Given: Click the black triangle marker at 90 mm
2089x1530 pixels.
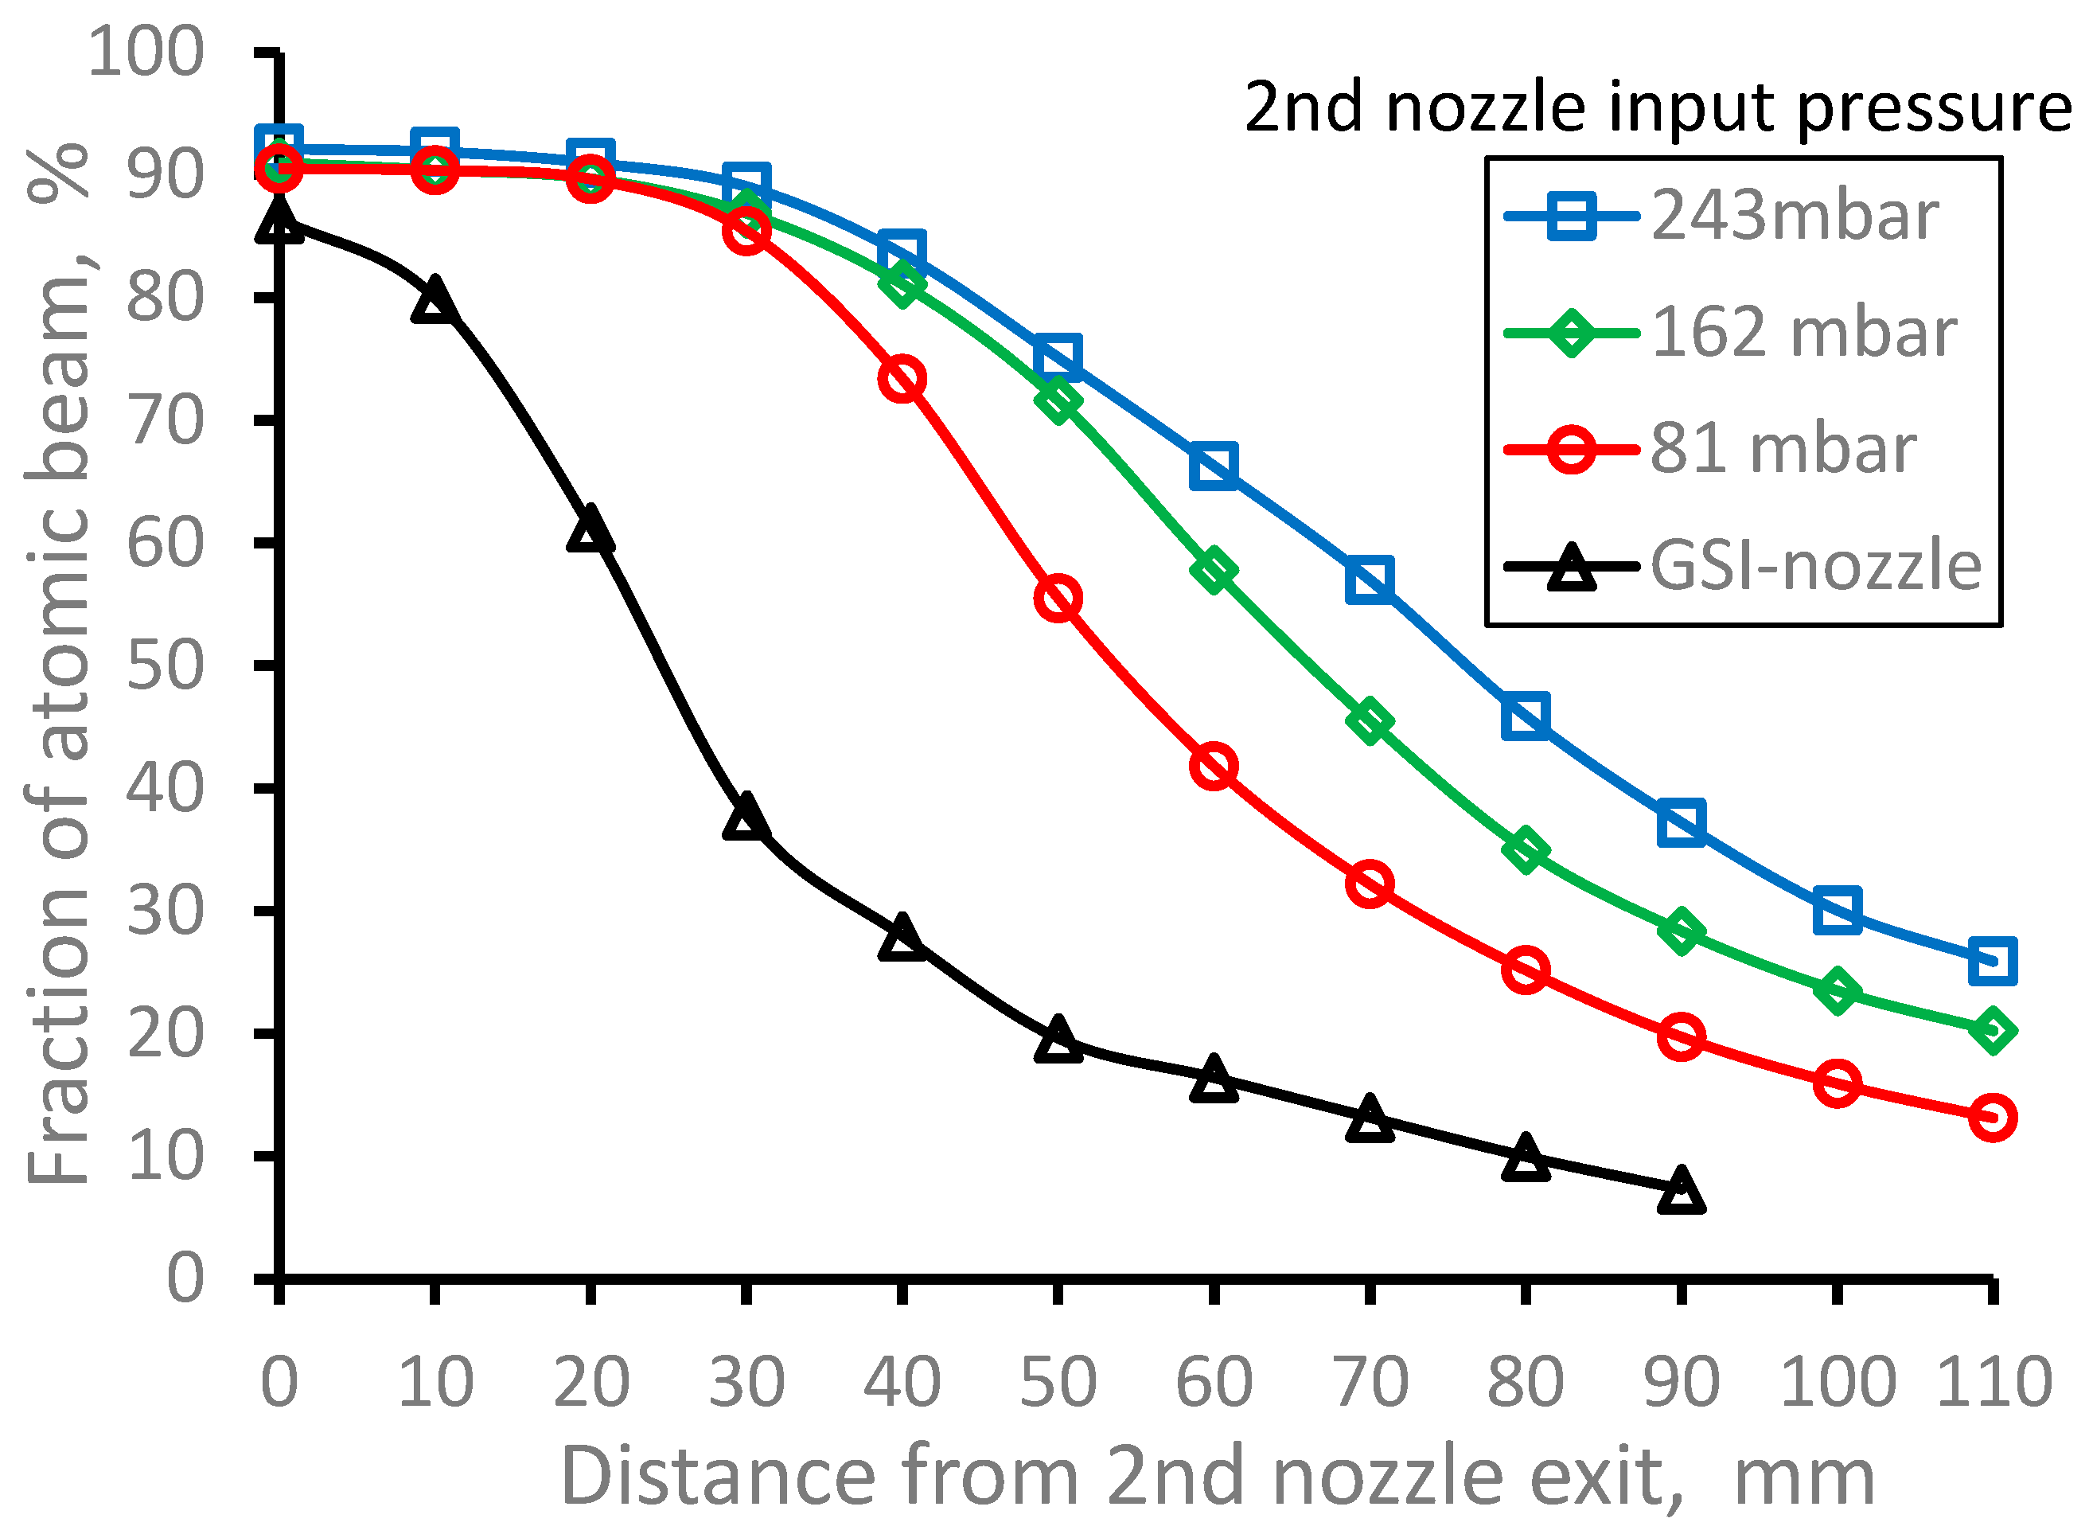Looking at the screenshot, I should pyautogui.click(x=1681, y=1192).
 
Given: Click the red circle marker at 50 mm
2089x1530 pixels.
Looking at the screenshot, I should pyautogui.click(x=1058, y=599).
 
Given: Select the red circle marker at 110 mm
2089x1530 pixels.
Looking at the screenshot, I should pyautogui.click(x=1993, y=1118).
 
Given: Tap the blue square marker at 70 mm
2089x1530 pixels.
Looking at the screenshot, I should pyautogui.click(x=1370, y=580).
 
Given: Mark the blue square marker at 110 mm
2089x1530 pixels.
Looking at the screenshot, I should pyautogui.click(x=1993, y=960).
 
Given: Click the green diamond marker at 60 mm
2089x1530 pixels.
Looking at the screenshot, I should pyautogui.click(x=1214, y=570).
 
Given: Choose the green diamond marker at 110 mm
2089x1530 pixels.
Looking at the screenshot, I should pyautogui.click(x=1993, y=1031).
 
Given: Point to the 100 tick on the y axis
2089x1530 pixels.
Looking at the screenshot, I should pyautogui.click(x=146, y=52).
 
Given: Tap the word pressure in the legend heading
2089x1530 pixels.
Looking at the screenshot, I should pyautogui.click(x=1934, y=107).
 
